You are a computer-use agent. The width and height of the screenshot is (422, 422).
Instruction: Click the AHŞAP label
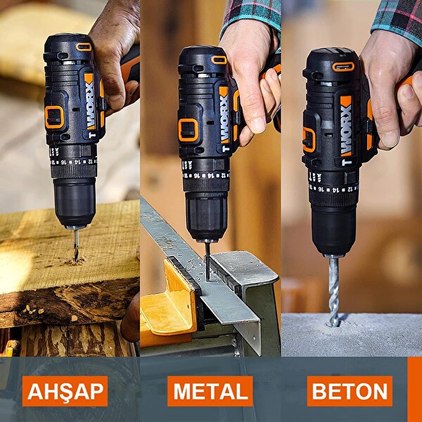tap(65, 391)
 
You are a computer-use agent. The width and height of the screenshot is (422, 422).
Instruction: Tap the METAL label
tap(210, 391)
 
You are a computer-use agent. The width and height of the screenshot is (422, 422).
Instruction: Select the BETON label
tap(350, 391)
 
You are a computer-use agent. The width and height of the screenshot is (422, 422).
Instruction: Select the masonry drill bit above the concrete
tap(333, 288)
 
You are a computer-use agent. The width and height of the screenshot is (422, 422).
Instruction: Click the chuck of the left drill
tap(74, 202)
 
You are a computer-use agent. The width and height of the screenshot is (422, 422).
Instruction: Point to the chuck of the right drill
tap(334, 229)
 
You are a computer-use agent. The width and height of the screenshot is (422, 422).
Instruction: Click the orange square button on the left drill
tap(54, 117)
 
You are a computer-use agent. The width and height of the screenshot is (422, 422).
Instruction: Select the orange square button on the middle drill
tap(188, 129)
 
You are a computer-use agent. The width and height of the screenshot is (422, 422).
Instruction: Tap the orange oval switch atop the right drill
tap(343, 67)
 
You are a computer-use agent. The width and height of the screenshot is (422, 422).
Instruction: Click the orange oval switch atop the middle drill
tap(219, 60)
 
